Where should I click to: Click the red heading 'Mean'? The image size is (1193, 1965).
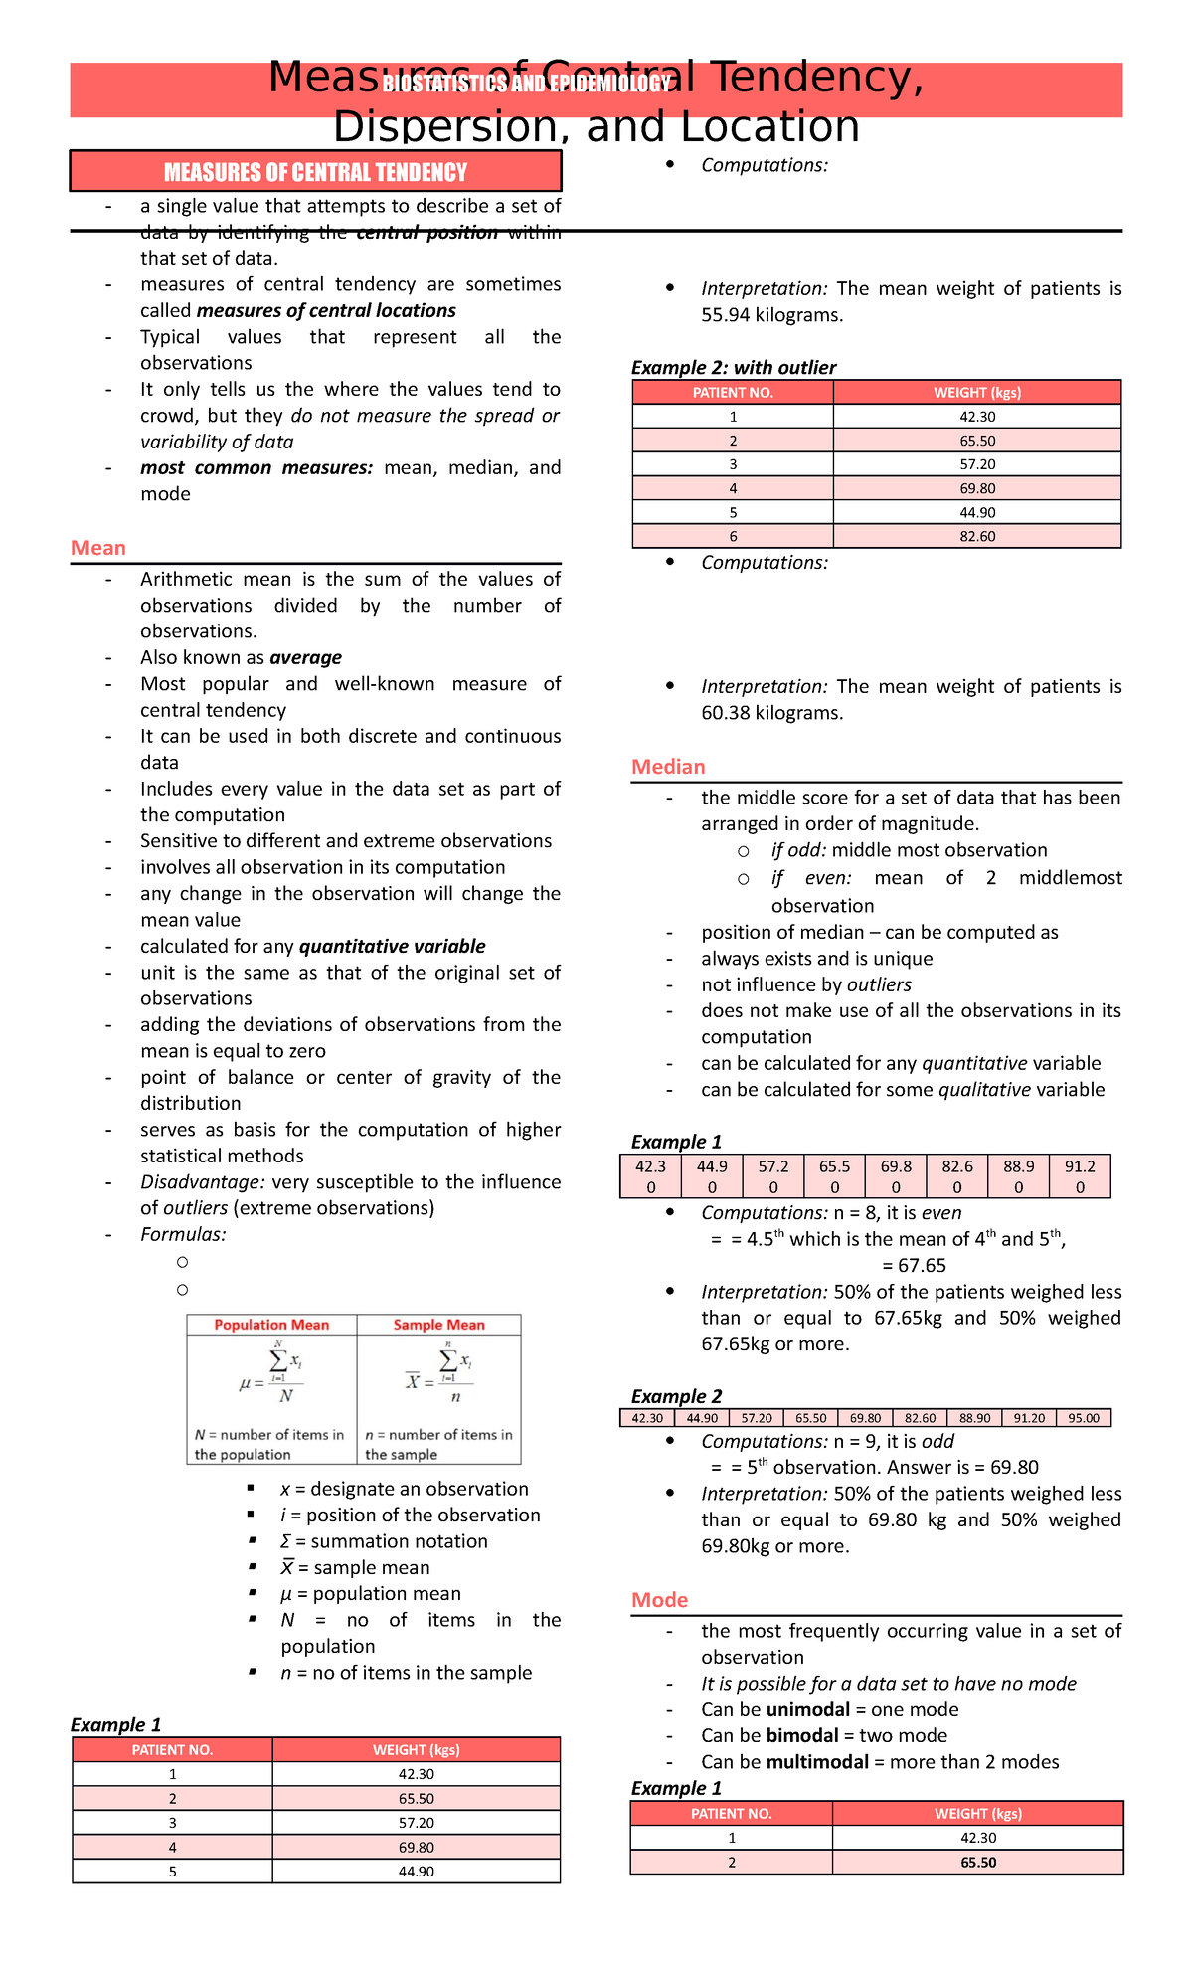point(97,548)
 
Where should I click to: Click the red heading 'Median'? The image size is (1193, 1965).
point(668,767)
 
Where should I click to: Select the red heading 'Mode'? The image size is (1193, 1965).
point(659,1600)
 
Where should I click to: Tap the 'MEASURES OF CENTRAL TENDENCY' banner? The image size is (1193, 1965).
point(315,172)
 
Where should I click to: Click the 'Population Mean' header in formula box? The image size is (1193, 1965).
point(271,1325)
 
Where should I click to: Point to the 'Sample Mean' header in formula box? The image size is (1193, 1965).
point(438,1325)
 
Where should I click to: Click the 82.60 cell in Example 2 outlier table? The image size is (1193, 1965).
point(977,536)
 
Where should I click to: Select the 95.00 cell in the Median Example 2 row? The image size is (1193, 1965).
point(1084,1418)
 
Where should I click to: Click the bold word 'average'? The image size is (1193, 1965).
point(305,657)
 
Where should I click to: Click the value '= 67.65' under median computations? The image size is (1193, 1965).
point(914,1265)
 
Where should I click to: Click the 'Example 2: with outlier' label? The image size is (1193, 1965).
point(734,367)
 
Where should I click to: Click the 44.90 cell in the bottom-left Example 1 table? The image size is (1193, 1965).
point(416,1871)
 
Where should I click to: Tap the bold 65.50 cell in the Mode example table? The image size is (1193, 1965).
point(978,1862)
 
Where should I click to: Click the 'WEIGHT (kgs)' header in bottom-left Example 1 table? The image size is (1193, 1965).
point(416,1750)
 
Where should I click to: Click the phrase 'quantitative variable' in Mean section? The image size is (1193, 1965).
point(392,946)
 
